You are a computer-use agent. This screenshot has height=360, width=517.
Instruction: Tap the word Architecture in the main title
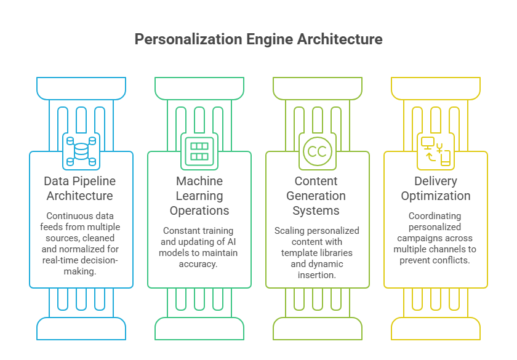tap(340, 39)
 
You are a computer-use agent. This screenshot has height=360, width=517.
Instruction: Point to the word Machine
tap(199, 181)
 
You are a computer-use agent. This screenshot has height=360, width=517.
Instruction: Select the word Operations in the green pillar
tap(199, 210)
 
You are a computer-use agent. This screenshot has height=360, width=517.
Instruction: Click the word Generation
tap(318, 196)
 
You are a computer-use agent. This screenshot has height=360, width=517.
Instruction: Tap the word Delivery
tap(436, 181)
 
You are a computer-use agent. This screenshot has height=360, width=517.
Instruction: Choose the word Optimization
tap(436, 196)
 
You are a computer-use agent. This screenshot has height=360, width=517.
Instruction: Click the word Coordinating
tap(436, 216)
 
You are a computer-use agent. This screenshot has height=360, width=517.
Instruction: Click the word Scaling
tap(289, 231)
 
